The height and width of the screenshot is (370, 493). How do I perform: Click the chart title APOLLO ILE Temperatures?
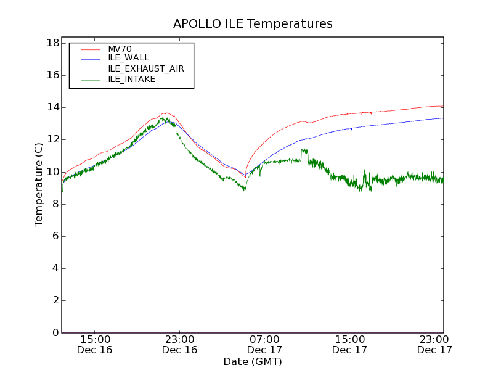253,24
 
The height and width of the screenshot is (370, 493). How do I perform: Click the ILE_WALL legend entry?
128,58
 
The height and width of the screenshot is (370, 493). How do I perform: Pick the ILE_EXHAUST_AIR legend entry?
145,68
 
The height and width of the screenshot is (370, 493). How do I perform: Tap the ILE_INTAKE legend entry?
131,79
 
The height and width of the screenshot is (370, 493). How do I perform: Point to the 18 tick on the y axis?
52,43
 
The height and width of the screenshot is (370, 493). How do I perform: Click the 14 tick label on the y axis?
52,107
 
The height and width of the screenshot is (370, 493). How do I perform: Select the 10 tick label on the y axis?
52,171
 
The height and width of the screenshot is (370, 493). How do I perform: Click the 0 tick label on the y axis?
55,332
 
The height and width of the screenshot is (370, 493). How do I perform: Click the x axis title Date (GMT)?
253,361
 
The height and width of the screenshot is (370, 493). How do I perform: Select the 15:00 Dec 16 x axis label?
95,344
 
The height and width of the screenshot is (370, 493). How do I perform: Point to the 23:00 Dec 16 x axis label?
180,344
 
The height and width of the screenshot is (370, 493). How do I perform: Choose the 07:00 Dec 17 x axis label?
265,344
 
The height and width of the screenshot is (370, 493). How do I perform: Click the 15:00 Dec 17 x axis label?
350,344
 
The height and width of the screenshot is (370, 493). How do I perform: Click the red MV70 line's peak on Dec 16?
165,113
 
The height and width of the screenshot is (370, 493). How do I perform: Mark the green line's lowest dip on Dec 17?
370,195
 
